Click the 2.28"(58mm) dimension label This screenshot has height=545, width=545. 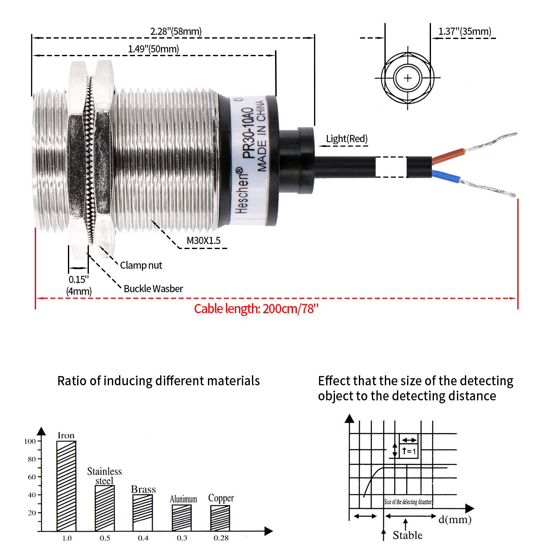176,31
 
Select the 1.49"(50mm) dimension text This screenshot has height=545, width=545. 153,49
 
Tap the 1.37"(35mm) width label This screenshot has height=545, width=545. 465,31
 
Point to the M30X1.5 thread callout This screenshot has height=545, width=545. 203,241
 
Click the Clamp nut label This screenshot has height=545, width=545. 141,265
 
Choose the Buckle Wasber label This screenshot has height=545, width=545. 153,289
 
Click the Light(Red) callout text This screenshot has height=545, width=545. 347,139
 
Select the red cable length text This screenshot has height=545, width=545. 256,309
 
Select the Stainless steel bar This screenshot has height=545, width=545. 104,508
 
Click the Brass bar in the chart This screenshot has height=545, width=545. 143,512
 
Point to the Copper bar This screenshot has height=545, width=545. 220,518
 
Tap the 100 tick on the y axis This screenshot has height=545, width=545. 30,441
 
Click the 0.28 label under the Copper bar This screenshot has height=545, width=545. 221,538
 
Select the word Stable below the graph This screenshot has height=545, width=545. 407,535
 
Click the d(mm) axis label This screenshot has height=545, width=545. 455,520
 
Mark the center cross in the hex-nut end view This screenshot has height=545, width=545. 408,78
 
